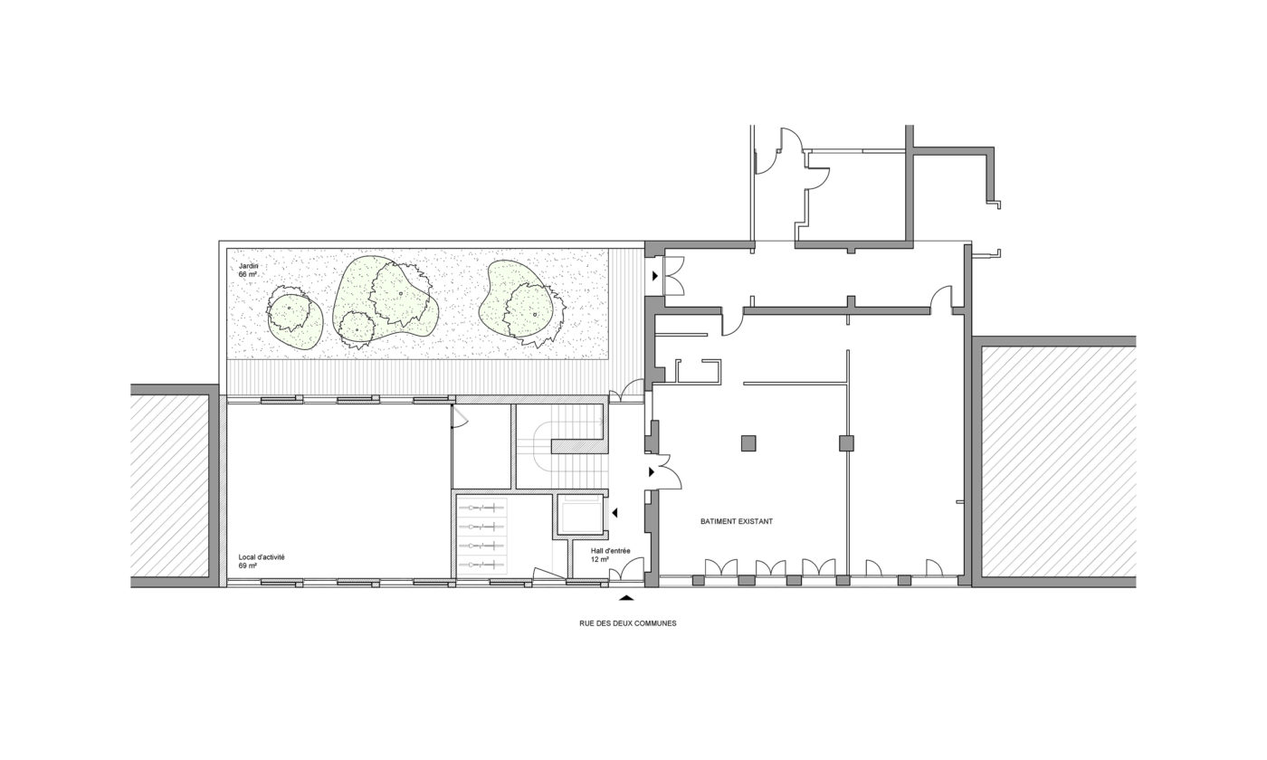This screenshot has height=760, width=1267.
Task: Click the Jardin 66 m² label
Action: point(248,270)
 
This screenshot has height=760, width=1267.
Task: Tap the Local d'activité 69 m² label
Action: point(262,561)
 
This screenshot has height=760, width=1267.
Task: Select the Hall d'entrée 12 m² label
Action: point(610,555)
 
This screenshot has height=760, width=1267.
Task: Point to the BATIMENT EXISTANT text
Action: point(737,521)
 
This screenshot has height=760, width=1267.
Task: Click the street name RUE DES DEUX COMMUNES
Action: point(628,623)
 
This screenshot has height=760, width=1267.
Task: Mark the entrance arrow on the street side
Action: point(627,596)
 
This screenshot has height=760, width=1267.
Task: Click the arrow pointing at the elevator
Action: point(614,513)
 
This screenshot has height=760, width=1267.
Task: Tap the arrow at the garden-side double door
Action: point(655,276)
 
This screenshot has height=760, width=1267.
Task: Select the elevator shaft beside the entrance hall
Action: point(580,515)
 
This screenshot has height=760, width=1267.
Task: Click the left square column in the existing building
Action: point(749,442)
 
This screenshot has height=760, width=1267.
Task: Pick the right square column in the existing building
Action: point(846,442)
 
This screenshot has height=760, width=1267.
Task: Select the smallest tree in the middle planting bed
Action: point(357,329)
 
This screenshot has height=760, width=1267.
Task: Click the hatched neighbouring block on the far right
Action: point(1058,461)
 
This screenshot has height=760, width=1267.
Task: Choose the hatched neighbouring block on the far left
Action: point(170,486)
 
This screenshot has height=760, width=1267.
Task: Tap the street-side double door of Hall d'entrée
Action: point(626,569)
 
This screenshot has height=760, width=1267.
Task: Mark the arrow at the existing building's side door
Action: point(653,471)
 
